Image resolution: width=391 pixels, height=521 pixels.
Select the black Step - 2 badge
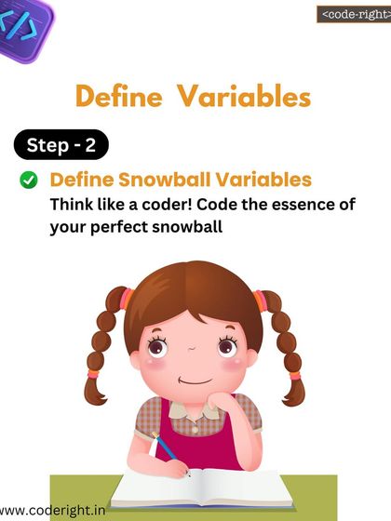(x=61, y=146)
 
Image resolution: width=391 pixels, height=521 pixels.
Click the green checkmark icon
(x=29, y=180)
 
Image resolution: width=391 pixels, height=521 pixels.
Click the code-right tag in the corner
(x=353, y=14)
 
